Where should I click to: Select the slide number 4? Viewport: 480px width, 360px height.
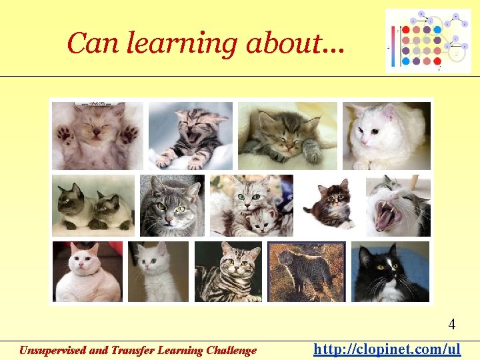(452, 325)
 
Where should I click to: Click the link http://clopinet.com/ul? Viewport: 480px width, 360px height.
(387, 349)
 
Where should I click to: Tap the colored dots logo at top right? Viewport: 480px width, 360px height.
(428, 41)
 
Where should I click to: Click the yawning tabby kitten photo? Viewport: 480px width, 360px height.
(190, 135)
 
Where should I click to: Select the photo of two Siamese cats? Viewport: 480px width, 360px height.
(93, 205)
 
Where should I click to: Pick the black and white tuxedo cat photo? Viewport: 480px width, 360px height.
(391, 271)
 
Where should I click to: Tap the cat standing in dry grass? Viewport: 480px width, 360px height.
(306, 271)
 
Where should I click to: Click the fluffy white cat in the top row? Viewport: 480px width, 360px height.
(387, 135)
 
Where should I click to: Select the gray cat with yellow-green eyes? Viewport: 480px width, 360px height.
(172, 205)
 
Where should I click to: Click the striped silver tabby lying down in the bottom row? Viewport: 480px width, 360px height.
(228, 271)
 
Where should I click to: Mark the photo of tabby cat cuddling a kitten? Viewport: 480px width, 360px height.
(251, 205)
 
